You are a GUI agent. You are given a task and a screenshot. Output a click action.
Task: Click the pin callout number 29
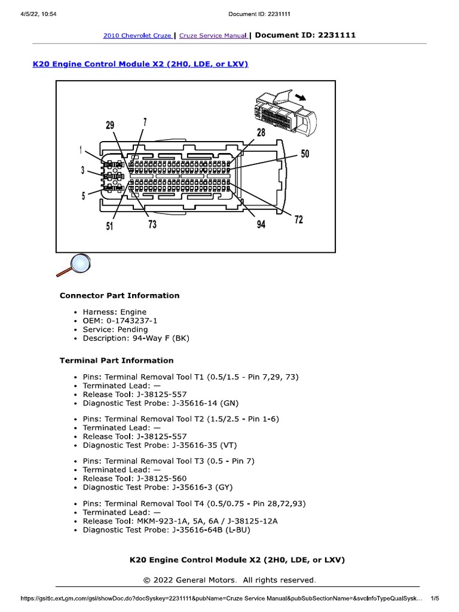pos(110,125)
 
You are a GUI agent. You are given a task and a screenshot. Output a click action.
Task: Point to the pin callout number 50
pos(305,154)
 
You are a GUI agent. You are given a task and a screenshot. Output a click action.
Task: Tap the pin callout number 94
pos(261,225)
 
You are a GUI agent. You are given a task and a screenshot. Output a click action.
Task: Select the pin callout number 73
pos(152,225)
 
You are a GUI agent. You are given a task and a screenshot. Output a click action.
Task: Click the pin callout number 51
pos(110,226)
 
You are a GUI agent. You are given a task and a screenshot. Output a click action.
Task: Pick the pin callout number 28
pos(261,133)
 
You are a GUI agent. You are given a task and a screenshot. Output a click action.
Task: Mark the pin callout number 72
pos(298,219)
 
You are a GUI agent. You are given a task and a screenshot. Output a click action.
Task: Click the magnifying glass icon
pos(74,265)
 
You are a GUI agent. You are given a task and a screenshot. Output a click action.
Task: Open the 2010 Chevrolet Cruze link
pos(137,36)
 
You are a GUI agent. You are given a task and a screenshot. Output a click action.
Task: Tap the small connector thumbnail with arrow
pos(282,112)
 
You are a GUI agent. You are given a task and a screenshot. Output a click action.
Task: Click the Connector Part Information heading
pos(120,295)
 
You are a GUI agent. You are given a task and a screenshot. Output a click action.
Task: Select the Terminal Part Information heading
pos(117,360)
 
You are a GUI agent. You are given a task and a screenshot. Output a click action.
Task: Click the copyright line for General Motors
pos(229,580)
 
